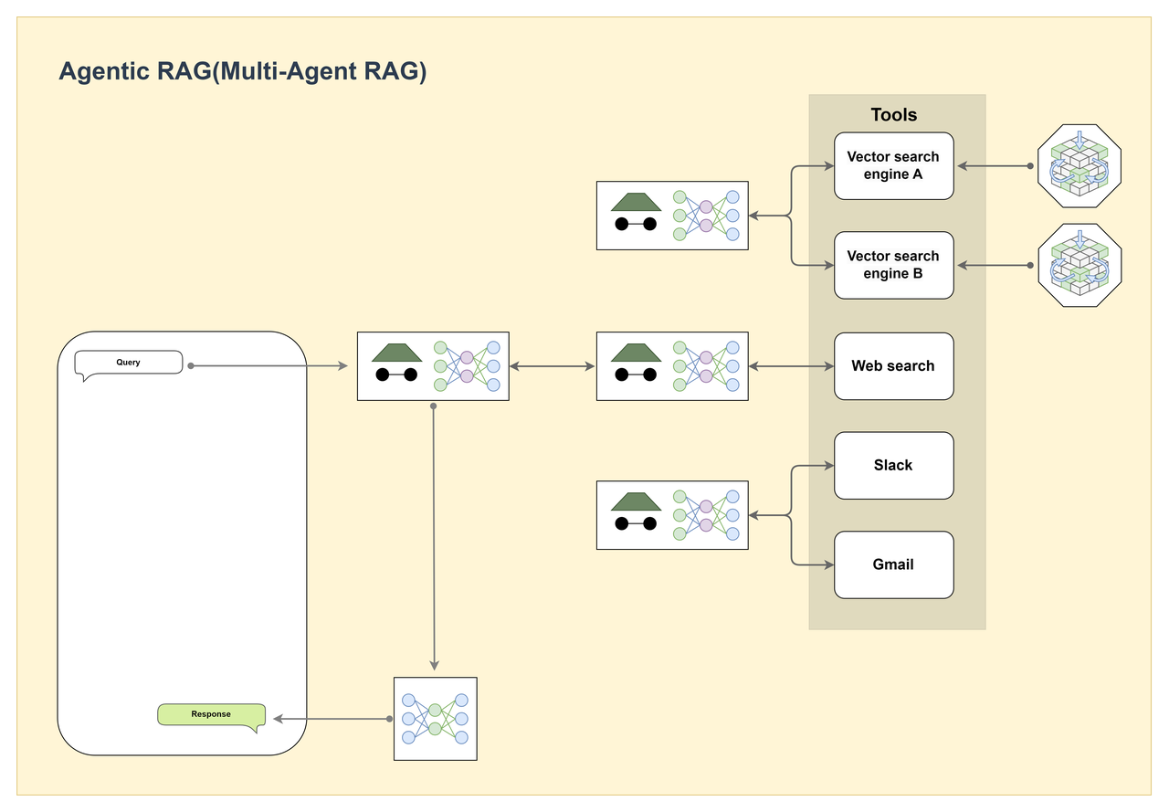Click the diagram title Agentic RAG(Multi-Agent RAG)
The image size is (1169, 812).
tap(243, 71)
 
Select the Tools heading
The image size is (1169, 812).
tap(893, 114)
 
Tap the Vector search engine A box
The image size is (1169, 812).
tap(893, 165)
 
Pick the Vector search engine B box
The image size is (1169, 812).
tap(893, 265)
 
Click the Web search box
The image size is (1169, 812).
tap(893, 366)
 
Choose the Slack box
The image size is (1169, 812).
tap(893, 465)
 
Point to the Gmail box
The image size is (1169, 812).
tap(893, 564)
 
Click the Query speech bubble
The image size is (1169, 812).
tap(129, 363)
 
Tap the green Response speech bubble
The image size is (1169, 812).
tap(211, 715)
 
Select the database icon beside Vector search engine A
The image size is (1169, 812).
tap(1079, 166)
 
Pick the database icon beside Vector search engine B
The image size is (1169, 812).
tap(1079, 265)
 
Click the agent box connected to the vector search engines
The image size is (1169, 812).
tap(672, 216)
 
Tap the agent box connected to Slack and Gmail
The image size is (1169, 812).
tap(672, 515)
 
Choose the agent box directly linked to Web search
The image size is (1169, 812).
tap(672, 366)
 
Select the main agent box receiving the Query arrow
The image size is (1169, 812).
tap(433, 366)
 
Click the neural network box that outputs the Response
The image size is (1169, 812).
tap(436, 719)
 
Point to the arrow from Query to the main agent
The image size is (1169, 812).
tap(268, 366)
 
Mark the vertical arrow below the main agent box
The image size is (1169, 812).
tap(434, 536)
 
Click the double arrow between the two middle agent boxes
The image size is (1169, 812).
tap(553, 366)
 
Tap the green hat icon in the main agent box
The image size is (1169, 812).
tap(396, 353)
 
